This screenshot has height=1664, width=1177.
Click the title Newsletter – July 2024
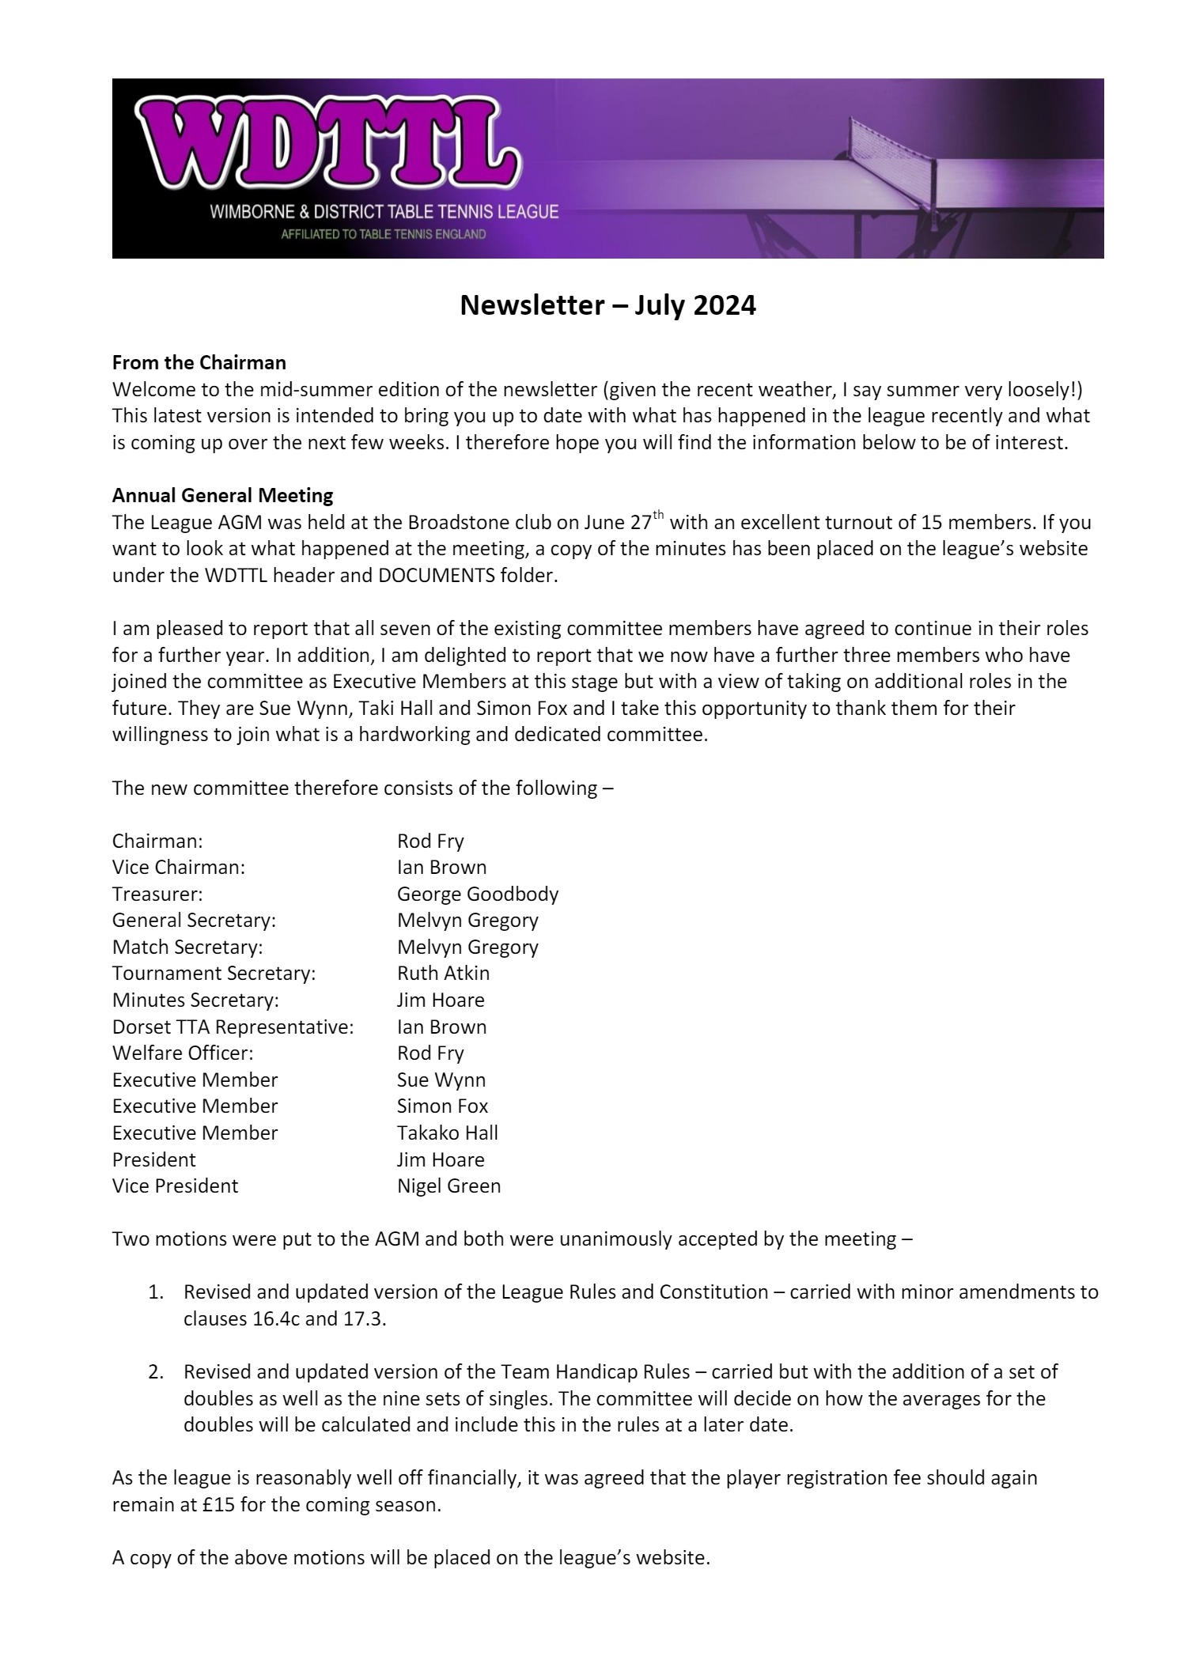pos(607,305)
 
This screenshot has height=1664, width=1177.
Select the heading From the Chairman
pos(199,363)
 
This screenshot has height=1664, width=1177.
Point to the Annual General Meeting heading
pos(222,496)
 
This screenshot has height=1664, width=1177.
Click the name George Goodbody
pos(477,894)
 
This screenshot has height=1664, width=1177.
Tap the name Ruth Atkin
pos(443,973)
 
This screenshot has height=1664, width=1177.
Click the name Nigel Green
pos(448,1186)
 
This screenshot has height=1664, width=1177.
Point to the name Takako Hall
pos(447,1133)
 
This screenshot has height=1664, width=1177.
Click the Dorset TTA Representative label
pos(233,1027)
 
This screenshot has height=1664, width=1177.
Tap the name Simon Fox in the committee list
pos(442,1106)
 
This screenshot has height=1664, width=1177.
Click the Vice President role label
pos(175,1186)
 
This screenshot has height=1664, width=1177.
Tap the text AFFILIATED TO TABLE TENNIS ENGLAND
pos(384,235)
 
